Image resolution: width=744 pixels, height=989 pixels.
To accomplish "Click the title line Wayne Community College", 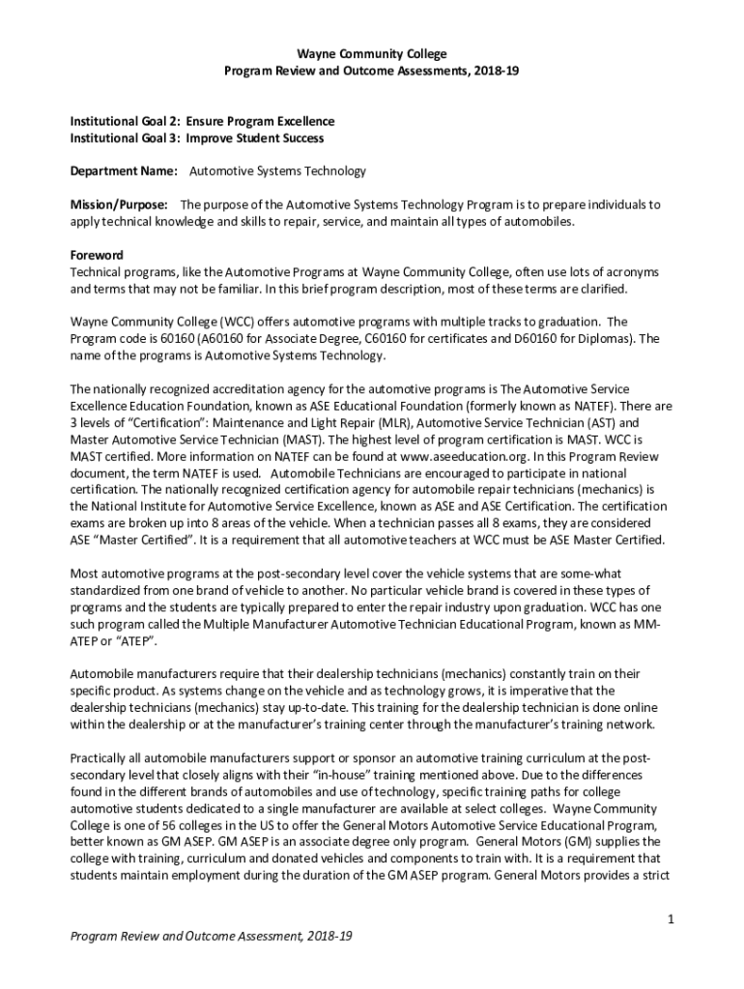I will pyautogui.click(x=372, y=54).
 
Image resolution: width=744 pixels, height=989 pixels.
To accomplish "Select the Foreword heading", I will pyautogui.click(x=96, y=255).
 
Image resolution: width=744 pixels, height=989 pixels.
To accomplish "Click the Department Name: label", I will pyautogui.click(x=124, y=171).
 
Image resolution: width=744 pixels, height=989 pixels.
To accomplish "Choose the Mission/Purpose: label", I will pyautogui.click(x=119, y=205).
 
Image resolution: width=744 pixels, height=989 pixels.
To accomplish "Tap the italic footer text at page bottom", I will pyautogui.click(x=211, y=938).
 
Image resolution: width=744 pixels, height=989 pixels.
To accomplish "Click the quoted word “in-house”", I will pyautogui.click(x=308, y=774).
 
